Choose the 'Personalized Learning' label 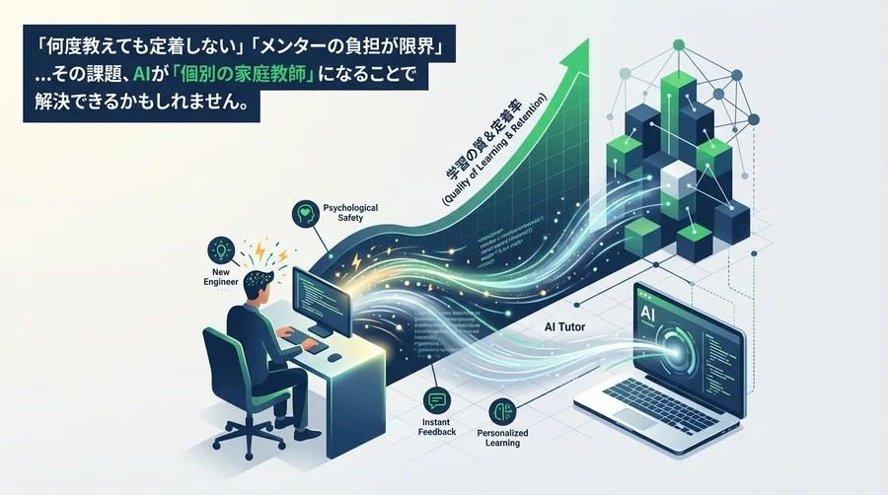503,438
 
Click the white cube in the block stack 679,183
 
